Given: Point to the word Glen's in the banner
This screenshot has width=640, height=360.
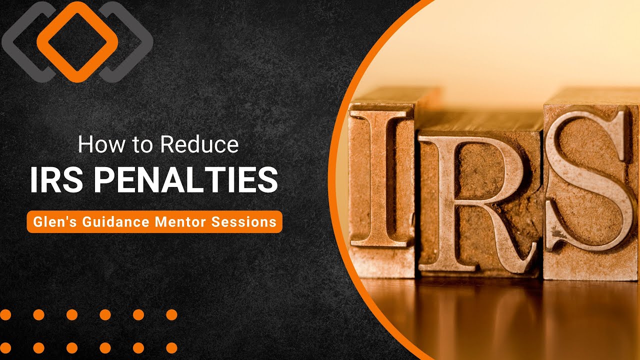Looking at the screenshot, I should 48,222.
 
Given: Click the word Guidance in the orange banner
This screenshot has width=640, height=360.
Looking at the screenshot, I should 108,222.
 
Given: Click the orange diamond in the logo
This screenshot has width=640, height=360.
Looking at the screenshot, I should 77,41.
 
